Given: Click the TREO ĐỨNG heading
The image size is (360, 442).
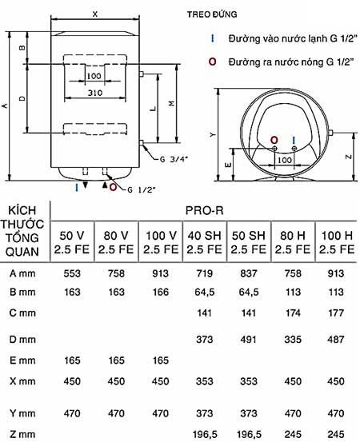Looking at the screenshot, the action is [x=212, y=14].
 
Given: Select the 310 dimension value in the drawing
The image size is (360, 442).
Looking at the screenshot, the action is [x=94, y=93].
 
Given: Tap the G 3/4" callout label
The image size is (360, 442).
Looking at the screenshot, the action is [x=174, y=159].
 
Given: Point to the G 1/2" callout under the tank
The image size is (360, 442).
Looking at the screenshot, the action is [x=142, y=189].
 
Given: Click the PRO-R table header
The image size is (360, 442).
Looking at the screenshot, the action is [x=204, y=210].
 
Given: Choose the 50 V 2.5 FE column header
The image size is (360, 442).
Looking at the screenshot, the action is [x=72, y=242].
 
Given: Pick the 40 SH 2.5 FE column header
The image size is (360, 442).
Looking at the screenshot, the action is [x=204, y=242].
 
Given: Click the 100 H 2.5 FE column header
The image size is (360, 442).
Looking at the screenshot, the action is [x=337, y=242].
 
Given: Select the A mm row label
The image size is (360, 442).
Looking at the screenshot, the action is [x=22, y=273].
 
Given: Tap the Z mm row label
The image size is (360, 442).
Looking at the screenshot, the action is [x=22, y=434].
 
